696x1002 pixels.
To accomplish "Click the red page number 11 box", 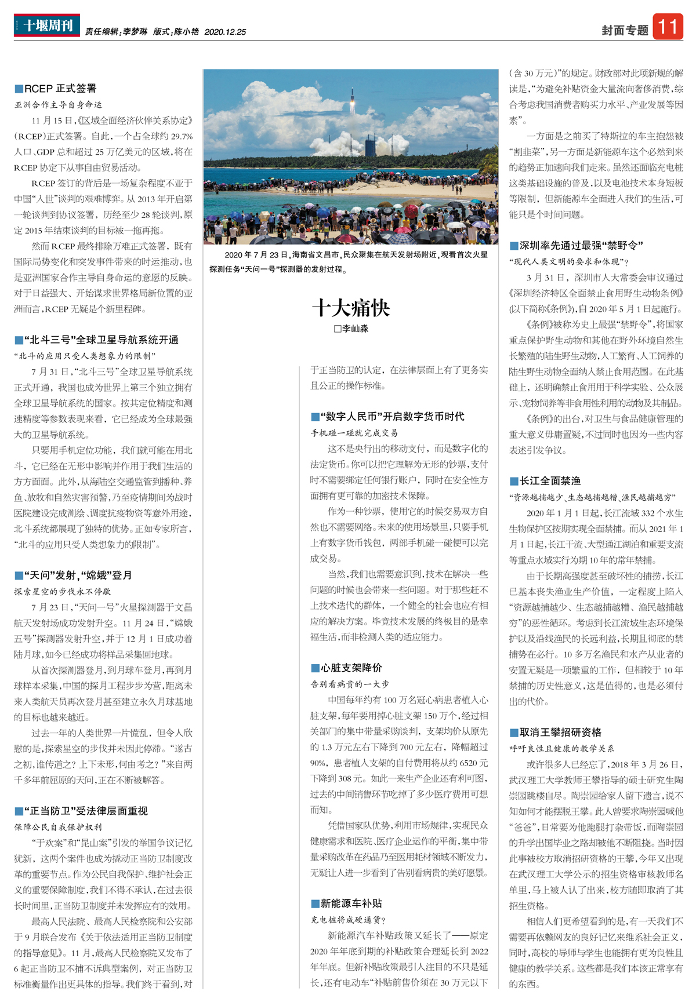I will [668, 27].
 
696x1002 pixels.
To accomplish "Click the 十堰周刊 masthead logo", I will [47, 25].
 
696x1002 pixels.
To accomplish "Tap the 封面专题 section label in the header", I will [625, 30].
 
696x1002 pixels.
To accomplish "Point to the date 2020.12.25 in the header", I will [225, 32].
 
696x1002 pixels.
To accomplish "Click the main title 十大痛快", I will [351, 308].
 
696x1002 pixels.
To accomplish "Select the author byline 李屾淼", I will [351, 329].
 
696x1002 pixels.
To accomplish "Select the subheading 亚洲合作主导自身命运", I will [58, 105].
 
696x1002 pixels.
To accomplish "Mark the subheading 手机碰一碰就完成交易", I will [354, 433].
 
